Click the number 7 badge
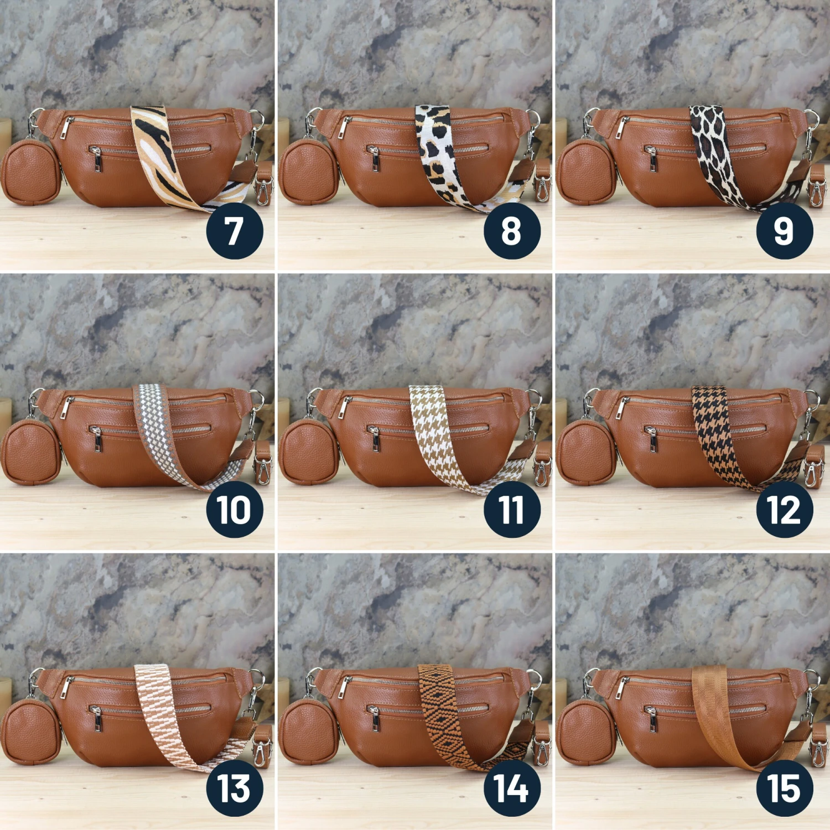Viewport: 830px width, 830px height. click(235, 231)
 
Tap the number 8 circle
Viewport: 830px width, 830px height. click(512, 231)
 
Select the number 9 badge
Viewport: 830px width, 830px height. click(785, 231)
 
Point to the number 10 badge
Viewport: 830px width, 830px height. click(235, 510)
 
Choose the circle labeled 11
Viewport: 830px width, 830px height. click(512, 510)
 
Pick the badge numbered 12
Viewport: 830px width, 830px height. click(785, 510)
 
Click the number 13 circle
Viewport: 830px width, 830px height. click(235, 788)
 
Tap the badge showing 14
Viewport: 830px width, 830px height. click(512, 788)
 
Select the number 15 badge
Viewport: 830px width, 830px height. click(785, 788)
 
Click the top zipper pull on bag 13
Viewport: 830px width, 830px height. click(65, 686)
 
